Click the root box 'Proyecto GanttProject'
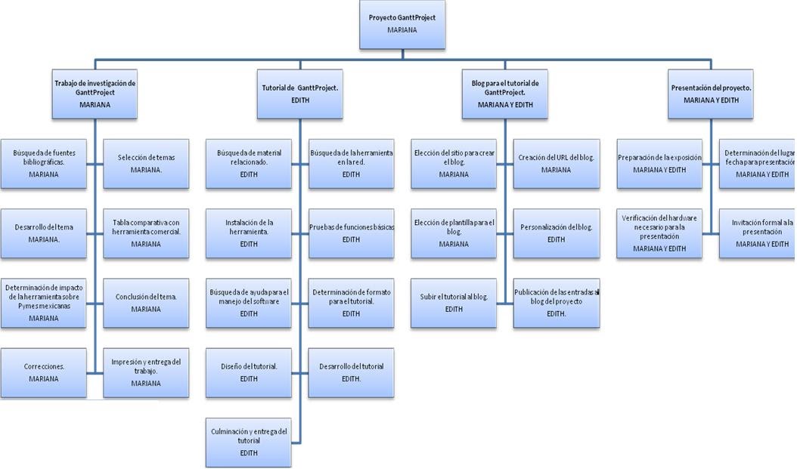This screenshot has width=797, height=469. pos(402,24)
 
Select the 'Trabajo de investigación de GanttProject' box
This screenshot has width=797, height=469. pos(95,94)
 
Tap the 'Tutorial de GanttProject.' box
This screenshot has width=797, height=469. pos(299,94)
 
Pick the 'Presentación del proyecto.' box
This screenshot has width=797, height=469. pos(711,94)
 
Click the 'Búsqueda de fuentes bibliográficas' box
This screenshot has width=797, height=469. pos(43,164)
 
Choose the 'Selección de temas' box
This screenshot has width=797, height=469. pos(146,164)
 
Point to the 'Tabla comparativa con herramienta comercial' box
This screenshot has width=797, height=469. pos(146,233)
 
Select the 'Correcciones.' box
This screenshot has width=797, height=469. pos(43,372)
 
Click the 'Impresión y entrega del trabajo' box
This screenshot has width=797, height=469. pos(146,372)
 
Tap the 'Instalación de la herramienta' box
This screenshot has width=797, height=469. pos(249,233)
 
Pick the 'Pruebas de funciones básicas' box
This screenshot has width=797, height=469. pos(352,233)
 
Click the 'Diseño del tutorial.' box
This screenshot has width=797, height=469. pos(249,372)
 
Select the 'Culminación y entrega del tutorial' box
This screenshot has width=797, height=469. pos(249,442)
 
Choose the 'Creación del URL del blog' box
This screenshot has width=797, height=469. pos(557,164)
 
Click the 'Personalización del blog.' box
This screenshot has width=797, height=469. pos(557,233)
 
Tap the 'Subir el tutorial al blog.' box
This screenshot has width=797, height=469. pos(454,303)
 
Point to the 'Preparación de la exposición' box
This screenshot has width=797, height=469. pos(659,164)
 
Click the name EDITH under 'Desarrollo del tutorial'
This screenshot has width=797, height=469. pos(351,379)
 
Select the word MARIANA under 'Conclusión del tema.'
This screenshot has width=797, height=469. pos(146,310)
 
